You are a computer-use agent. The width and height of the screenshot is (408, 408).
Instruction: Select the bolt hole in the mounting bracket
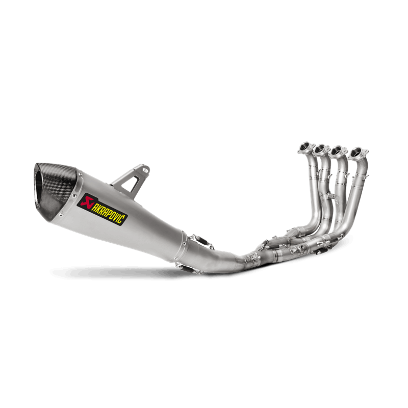coord(145,170)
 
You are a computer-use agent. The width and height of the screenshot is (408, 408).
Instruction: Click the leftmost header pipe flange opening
coord(304,147)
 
